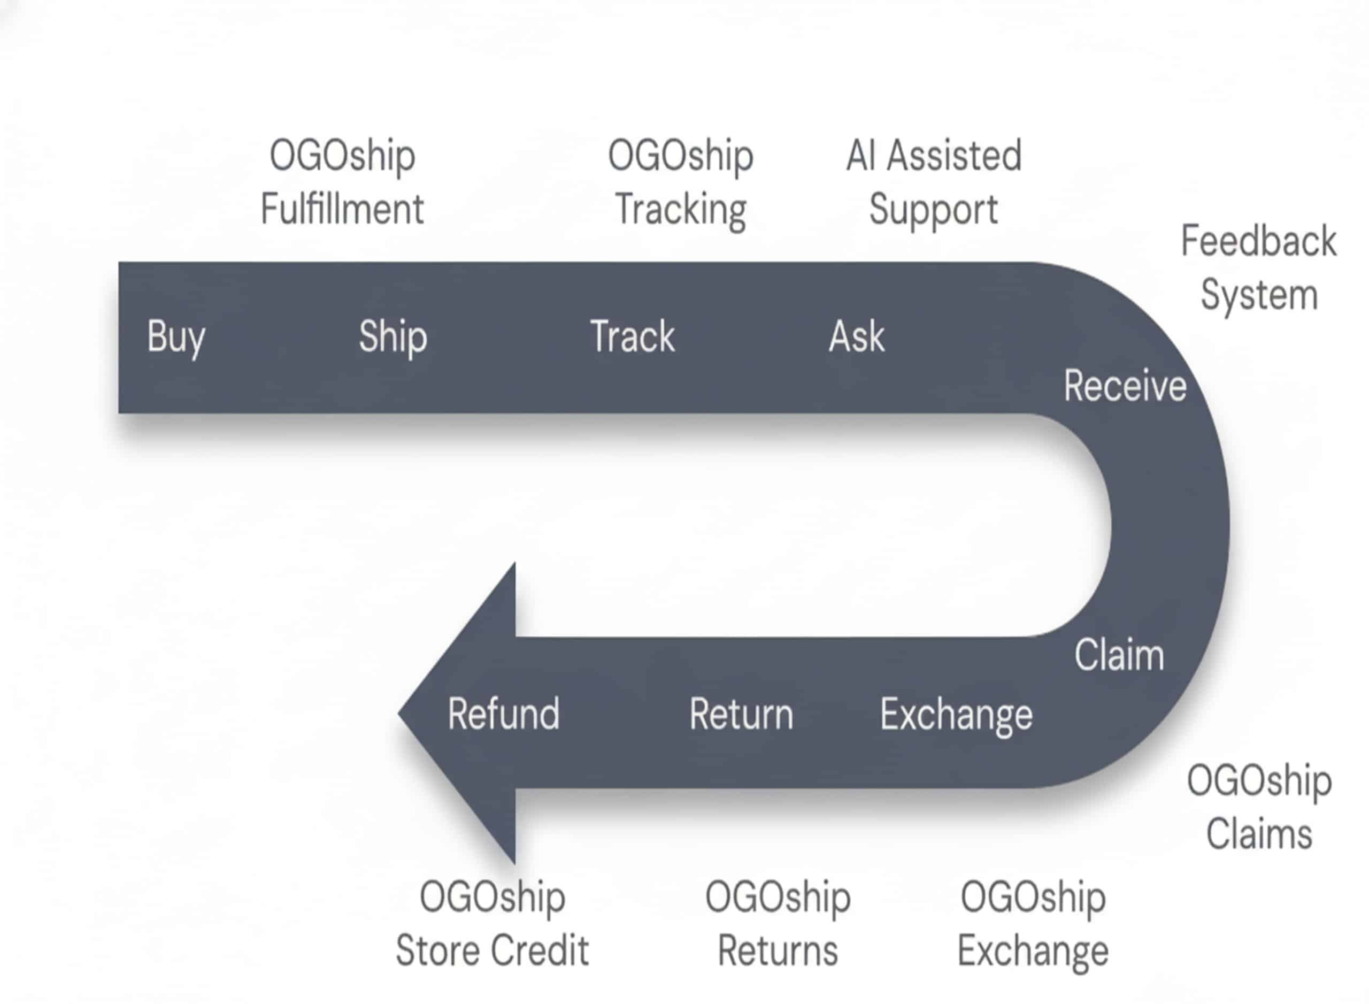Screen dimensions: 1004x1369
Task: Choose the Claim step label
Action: [x=1119, y=655]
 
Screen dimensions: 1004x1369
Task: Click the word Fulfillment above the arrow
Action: [x=342, y=209]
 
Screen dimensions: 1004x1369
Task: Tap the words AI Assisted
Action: [x=933, y=156]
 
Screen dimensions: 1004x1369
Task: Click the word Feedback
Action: [x=1258, y=241]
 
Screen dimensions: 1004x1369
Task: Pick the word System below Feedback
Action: [x=1259, y=295]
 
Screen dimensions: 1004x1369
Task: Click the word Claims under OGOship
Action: [x=1258, y=834]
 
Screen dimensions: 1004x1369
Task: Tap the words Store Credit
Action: [x=491, y=951]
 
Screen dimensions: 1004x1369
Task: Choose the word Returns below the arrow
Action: [x=777, y=951]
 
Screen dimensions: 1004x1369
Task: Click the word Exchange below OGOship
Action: [x=1033, y=951]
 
